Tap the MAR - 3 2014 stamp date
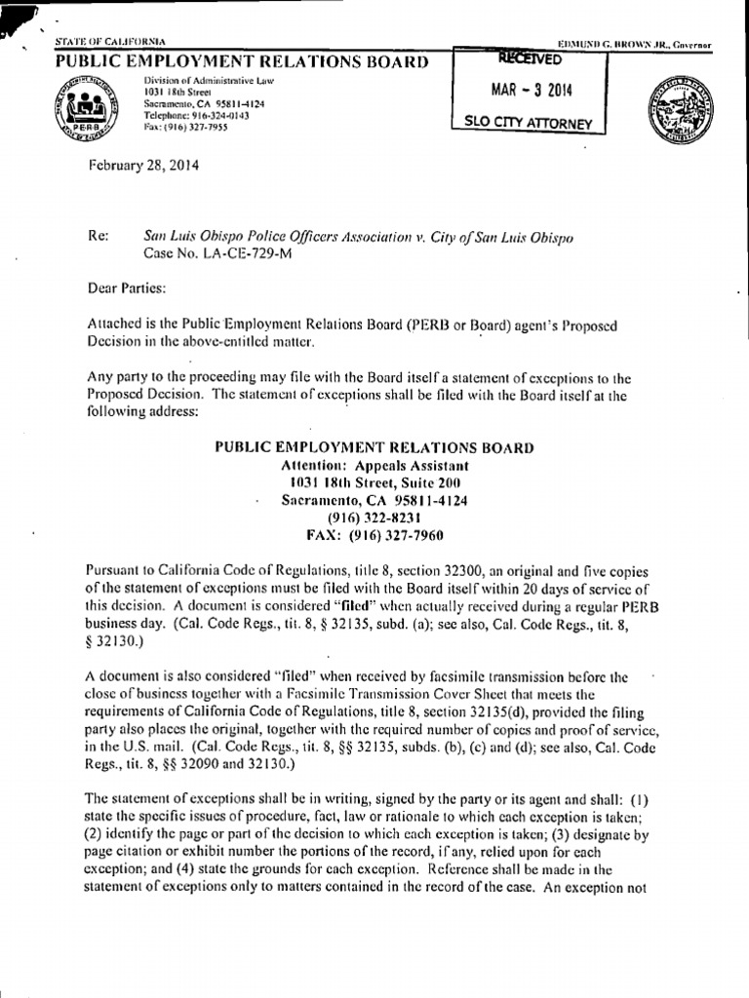pyautogui.click(x=532, y=92)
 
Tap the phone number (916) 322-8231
pyautogui.click(x=374, y=518)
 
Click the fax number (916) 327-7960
pyautogui.click(x=374, y=535)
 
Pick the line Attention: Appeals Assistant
pyautogui.click(x=374, y=466)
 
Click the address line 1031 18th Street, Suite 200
pyautogui.click(x=374, y=483)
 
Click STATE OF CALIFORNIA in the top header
pyautogui.click(x=109, y=42)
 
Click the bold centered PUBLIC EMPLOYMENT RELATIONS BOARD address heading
pyautogui.click(x=374, y=448)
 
